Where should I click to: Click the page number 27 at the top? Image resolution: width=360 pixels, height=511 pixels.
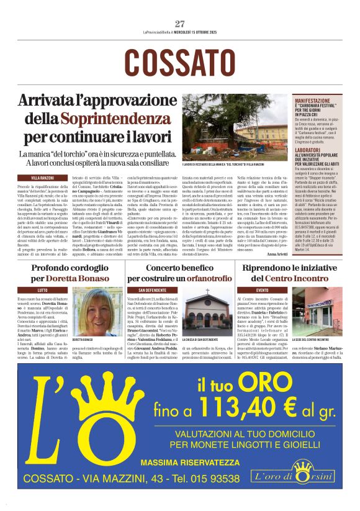point(180,24)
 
